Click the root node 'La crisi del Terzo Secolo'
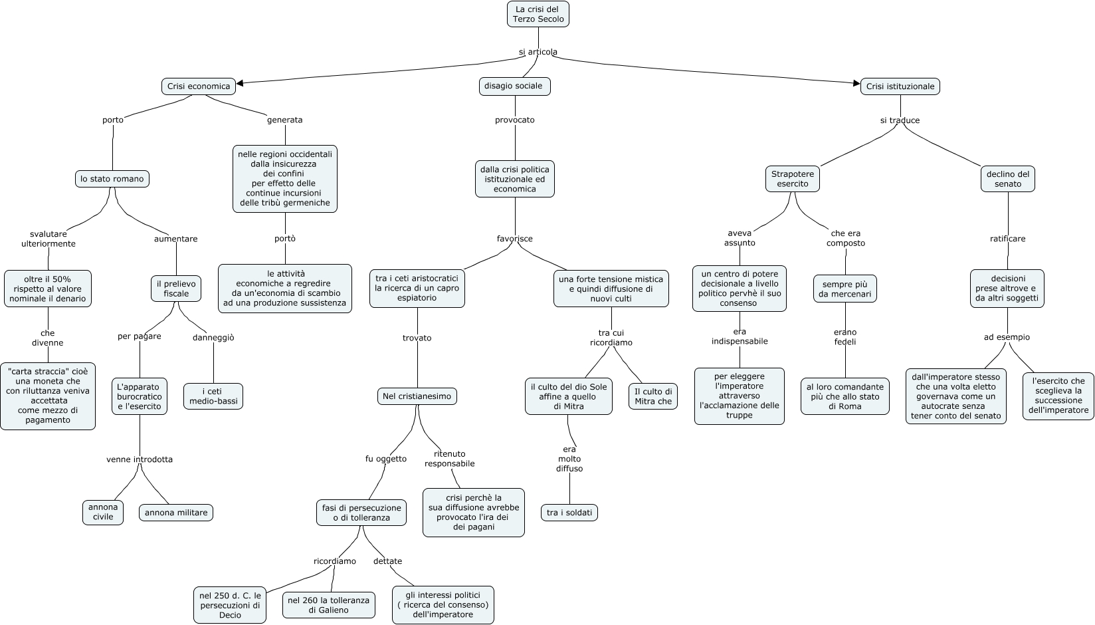click(x=538, y=14)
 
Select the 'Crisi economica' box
click(x=199, y=86)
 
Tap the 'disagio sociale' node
click(x=514, y=86)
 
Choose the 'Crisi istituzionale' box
click(x=900, y=86)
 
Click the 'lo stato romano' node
click(x=112, y=179)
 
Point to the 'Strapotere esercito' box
click(x=792, y=179)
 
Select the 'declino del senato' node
click(x=1007, y=179)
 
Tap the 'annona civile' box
click(x=103, y=512)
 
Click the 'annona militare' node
click(x=176, y=513)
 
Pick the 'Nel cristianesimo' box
click(x=417, y=396)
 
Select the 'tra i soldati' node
click(x=569, y=513)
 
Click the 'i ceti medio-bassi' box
click(x=213, y=396)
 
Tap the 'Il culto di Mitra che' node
click(x=653, y=396)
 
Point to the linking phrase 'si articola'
click(x=538, y=52)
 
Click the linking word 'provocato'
click(x=514, y=120)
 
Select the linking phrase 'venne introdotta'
click(x=140, y=459)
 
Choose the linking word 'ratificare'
click(x=1007, y=239)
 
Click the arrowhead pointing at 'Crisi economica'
click(x=240, y=83)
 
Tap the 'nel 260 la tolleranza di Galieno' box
click(x=328, y=605)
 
